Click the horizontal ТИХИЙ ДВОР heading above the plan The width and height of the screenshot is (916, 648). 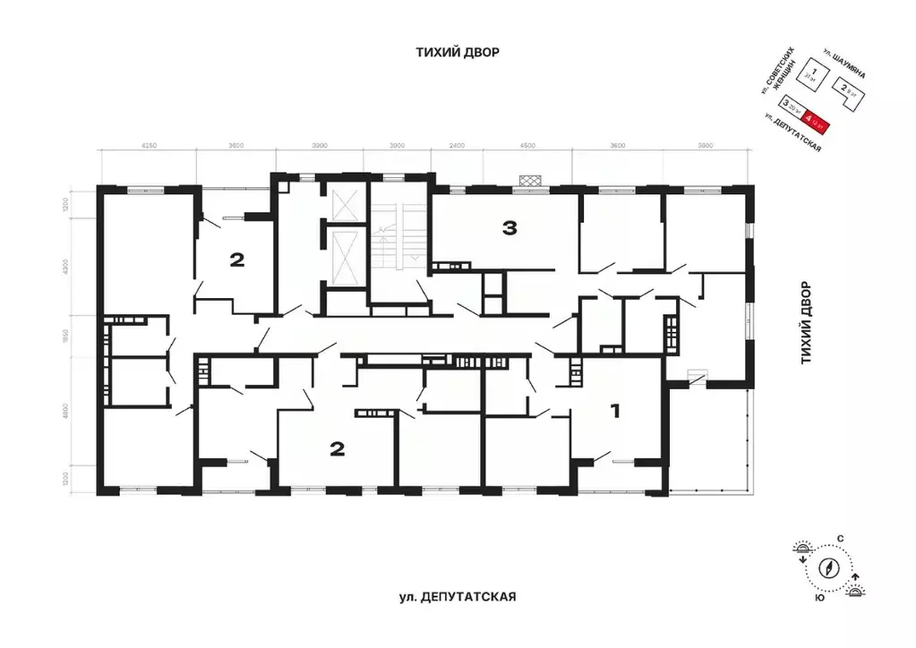pyautogui.click(x=457, y=53)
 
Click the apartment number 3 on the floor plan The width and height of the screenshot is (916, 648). pyautogui.click(x=509, y=229)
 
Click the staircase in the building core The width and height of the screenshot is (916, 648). pyautogui.click(x=390, y=236)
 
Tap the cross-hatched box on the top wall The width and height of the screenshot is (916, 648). pyautogui.click(x=532, y=180)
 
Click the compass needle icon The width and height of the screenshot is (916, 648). pyautogui.click(x=832, y=567)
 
